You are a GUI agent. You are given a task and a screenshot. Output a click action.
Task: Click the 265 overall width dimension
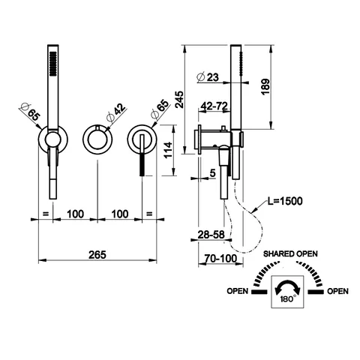coord(97,255)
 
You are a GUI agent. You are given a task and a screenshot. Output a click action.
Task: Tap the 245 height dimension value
coord(179,100)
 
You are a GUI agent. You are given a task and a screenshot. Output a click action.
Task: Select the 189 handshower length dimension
coord(265,87)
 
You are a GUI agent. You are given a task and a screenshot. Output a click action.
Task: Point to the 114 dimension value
coord(168,150)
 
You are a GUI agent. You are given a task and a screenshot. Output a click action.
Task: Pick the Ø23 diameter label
coord(208,77)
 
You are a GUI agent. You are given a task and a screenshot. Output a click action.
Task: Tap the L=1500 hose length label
coord(285,201)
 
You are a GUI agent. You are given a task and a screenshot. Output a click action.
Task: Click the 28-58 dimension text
coord(211,235)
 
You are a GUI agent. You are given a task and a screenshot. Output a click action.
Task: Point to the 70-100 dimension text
coord(220,259)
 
